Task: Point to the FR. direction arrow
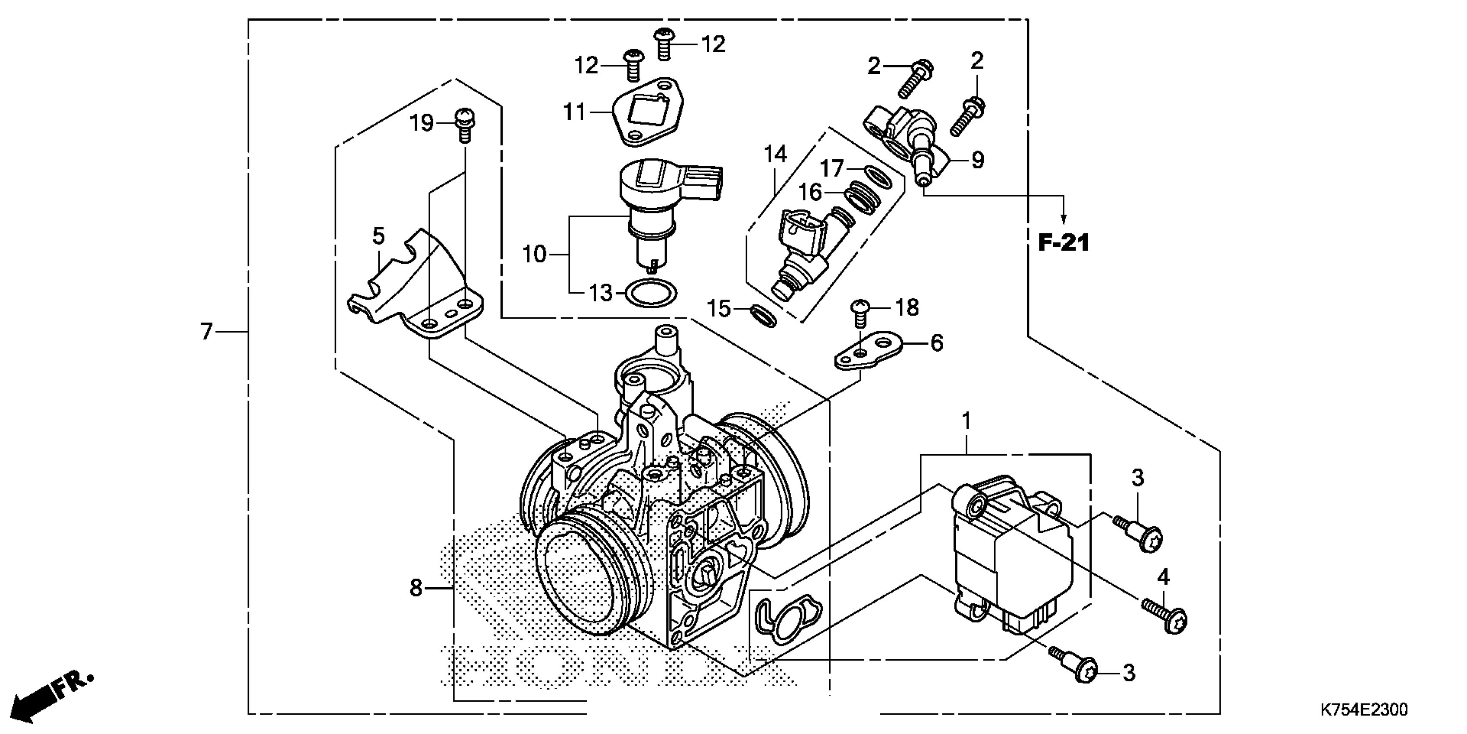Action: pos(51,698)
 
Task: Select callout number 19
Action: pos(422,123)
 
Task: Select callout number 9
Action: pos(977,160)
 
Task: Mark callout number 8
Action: pos(416,588)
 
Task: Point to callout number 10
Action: pos(534,254)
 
